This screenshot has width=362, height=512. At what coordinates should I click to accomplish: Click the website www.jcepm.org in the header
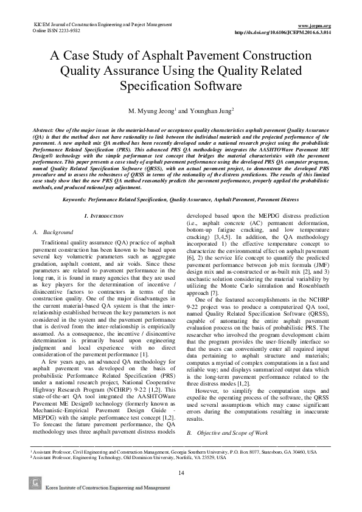pos(316,25)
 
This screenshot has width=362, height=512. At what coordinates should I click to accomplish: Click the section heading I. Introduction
pos(104,216)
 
